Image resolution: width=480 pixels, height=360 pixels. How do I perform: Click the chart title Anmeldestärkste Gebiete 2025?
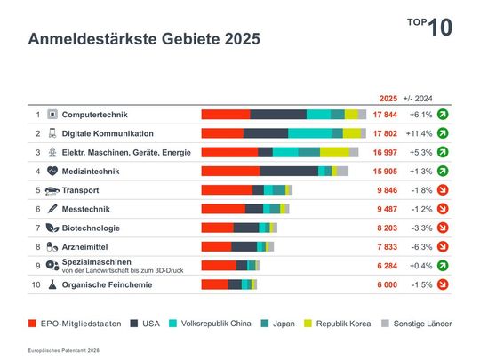pos(143,39)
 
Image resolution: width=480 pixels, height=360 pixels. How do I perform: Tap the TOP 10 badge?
pos(430,27)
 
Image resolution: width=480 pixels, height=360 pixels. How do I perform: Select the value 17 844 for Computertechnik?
pos(384,115)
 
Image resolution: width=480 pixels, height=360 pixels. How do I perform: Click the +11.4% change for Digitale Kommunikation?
pos(418,133)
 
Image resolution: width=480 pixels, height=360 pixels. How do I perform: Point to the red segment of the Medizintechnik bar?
pos(230,171)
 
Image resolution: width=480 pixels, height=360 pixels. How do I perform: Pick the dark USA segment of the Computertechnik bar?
pos(278,115)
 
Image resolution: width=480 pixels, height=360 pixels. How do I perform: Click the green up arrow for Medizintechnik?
pos(443,171)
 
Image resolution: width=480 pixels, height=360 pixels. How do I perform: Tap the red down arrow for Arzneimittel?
pos(443,246)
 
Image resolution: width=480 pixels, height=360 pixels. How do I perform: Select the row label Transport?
pos(80,190)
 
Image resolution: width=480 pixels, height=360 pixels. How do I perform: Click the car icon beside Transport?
pos(52,190)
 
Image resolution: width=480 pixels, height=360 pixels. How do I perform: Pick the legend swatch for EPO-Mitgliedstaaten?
pos(33,324)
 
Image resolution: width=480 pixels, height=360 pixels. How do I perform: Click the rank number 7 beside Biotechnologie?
pos(38,228)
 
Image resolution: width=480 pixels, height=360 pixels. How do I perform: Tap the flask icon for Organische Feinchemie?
pos(52,284)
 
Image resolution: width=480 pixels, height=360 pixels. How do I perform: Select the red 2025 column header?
pos(388,99)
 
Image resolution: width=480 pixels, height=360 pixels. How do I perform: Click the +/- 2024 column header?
pos(418,99)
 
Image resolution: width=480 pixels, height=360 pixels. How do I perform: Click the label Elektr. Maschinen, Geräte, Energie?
pos(125,152)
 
